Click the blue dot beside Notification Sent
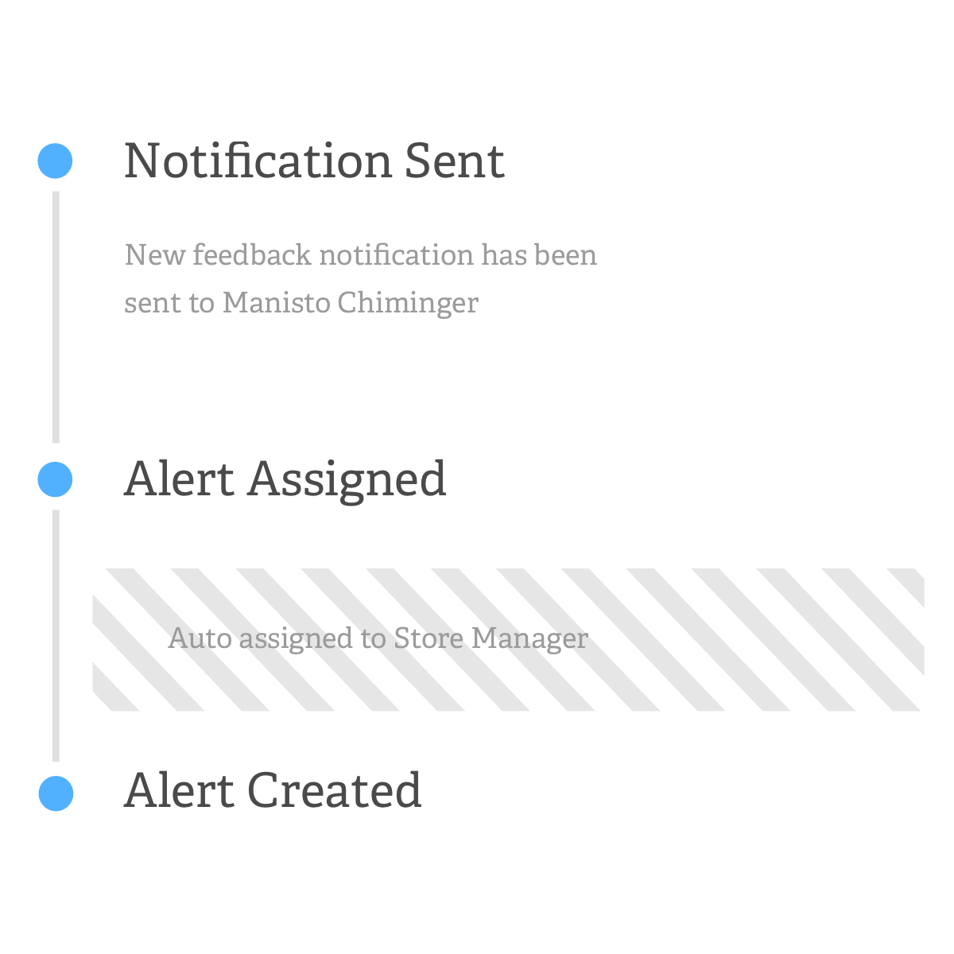pos(55,161)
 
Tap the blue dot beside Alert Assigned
pos(55,479)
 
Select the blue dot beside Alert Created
pos(56,793)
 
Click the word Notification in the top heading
pos(258,161)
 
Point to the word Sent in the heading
pos(455,161)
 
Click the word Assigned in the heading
pos(347,479)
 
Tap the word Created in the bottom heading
pos(334,790)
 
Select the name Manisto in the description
pos(277,302)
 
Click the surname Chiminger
pos(409,302)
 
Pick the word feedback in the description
pos(253,254)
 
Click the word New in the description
pos(154,255)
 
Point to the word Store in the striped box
pos(429,638)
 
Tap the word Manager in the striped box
pos(529,639)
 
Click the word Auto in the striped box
pos(200,638)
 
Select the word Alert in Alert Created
pos(179,790)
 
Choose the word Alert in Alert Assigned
pos(179,479)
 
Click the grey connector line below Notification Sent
pos(56,317)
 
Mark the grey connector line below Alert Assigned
pos(56,636)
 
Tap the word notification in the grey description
pos(397,254)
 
